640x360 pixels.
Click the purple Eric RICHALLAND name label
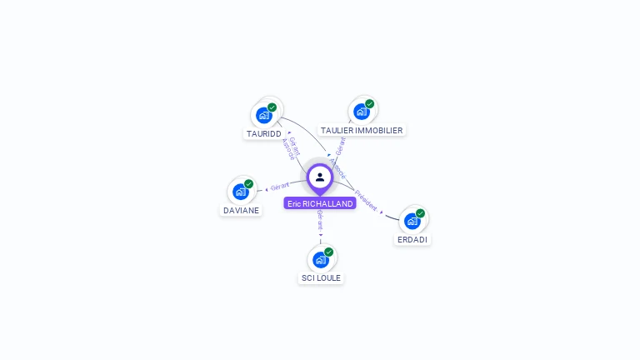pyautogui.click(x=320, y=203)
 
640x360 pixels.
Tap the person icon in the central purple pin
pyautogui.click(x=320, y=177)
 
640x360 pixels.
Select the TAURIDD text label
pyautogui.click(x=263, y=133)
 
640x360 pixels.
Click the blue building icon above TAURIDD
pyautogui.click(x=264, y=115)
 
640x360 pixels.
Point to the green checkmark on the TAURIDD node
pyautogui.click(x=272, y=107)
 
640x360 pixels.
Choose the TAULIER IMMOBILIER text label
pyautogui.click(x=362, y=130)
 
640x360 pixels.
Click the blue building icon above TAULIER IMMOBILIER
pyautogui.click(x=361, y=112)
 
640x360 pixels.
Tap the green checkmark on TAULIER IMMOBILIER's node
pyautogui.click(x=370, y=104)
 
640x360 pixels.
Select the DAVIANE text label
pyautogui.click(x=242, y=210)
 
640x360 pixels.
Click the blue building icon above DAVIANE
pyautogui.click(x=241, y=192)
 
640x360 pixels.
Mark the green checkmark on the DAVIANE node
pyautogui.click(x=249, y=184)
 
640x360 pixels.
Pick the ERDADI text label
pyautogui.click(x=412, y=239)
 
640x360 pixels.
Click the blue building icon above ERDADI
pyautogui.click(x=412, y=221)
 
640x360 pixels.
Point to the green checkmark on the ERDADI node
pyautogui.click(x=421, y=213)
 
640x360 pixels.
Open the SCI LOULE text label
pyautogui.click(x=321, y=277)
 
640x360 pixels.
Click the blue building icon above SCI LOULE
pyautogui.click(x=320, y=259)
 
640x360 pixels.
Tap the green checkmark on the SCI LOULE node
pyautogui.click(x=329, y=252)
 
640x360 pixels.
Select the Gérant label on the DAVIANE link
pyautogui.click(x=280, y=186)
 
